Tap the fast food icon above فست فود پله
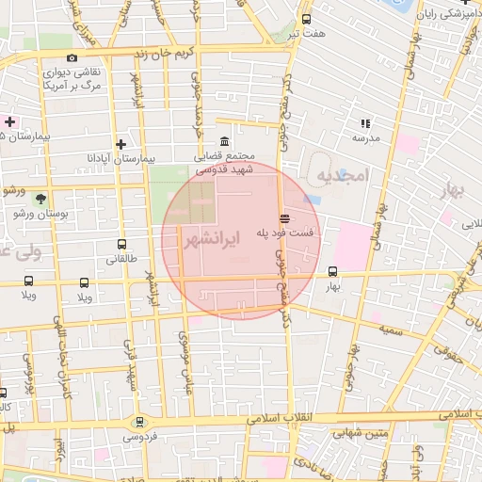[284, 218]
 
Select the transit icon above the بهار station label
[332, 271]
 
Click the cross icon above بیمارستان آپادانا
[120, 145]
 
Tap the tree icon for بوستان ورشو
[40, 198]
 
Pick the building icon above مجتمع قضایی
[222, 141]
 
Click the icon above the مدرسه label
[365, 123]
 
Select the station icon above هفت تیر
[306, 19]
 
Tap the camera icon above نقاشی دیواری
[72, 58]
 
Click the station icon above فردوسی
[139, 423]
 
